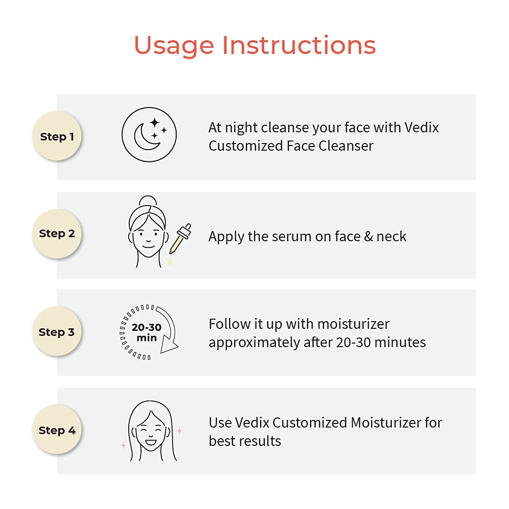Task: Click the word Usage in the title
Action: point(174,46)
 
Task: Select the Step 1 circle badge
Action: point(57,136)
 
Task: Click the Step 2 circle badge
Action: point(57,234)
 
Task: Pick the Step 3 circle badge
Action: point(57,331)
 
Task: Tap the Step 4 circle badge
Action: point(57,430)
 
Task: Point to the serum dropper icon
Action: point(180,239)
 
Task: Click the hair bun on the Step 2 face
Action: point(148,201)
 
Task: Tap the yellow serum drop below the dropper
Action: point(169,260)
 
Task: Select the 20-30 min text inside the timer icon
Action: point(147,332)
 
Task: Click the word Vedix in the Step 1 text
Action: point(421,128)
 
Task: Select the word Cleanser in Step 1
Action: point(346,146)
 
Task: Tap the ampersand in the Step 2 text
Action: point(369,236)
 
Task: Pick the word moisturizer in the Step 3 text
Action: point(353,324)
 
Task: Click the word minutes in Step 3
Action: point(402,343)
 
